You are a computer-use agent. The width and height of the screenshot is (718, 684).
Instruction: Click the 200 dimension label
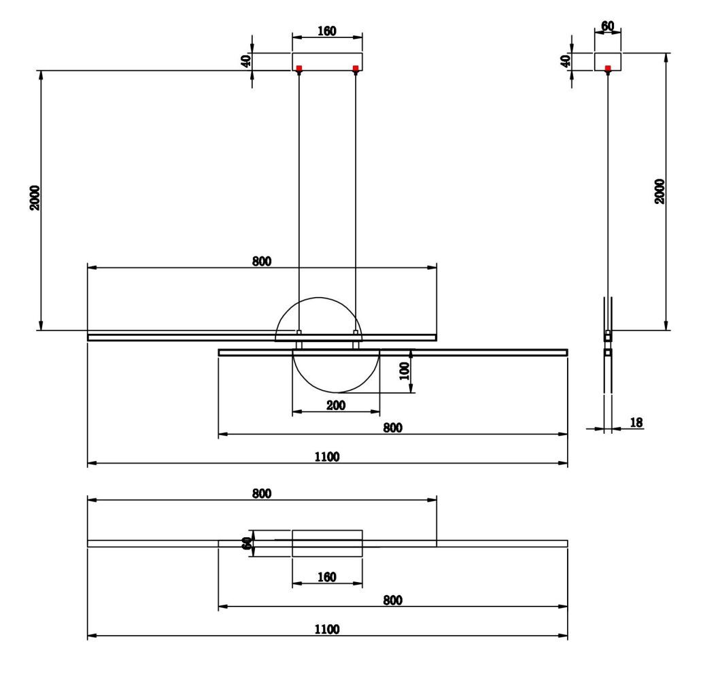[x=336, y=405]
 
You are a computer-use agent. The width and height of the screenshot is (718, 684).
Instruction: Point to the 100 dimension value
[x=404, y=371]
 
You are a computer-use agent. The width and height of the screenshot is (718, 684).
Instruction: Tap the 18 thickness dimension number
[x=636, y=423]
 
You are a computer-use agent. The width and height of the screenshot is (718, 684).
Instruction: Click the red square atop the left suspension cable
[x=299, y=68]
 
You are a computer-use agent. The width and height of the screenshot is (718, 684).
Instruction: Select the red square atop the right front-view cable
[x=356, y=68]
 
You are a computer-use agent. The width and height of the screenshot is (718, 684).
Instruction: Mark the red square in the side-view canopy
[x=608, y=68]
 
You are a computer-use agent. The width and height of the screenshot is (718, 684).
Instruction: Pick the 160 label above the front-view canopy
[x=327, y=32]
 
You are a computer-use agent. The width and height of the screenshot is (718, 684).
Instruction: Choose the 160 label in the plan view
[x=327, y=577]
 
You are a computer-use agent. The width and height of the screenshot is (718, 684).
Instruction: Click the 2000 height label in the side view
[x=660, y=192]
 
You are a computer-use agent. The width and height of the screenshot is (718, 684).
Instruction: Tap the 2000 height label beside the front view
[x=35, y=198]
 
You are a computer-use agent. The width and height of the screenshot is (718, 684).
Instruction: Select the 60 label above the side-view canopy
[x=608, y=27]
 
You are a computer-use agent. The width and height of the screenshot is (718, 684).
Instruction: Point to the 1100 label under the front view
[x=327, y=456]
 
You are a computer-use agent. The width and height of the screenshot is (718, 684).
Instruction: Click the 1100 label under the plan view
[x=327, y=630]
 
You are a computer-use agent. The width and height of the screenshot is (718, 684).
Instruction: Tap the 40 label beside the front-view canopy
[x=246, y=61]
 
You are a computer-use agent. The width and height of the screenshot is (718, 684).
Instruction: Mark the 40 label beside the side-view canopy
[x=564, y=61]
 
